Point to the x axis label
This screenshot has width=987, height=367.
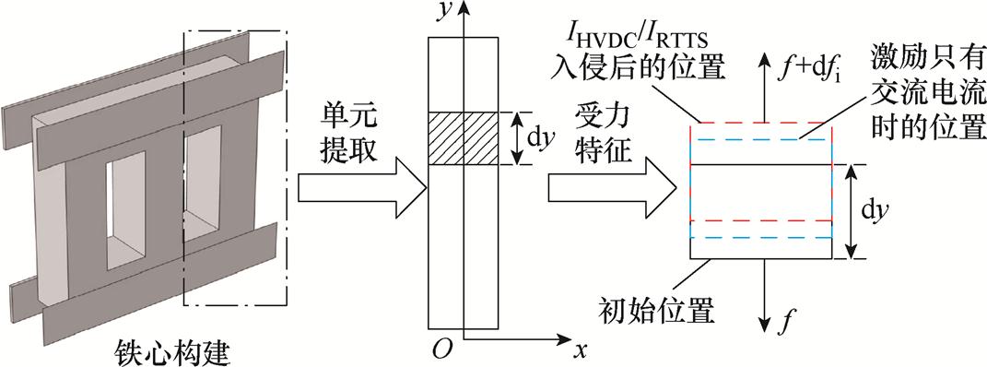coord(580,350)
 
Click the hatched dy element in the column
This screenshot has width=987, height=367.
coord(465,139)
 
